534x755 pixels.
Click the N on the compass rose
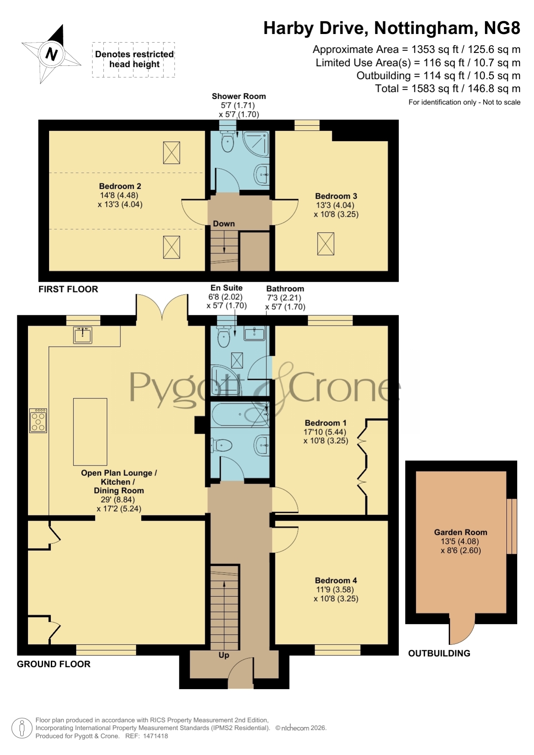click(52, 54)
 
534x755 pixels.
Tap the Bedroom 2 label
click(120, 186)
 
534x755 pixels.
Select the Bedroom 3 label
click(336, 196)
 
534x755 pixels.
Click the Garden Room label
click(460, 532)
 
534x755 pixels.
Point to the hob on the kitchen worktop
click(38, 420)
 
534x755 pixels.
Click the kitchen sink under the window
click(83, 335)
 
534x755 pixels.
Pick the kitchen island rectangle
click(90, 431)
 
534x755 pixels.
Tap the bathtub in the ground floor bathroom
click(240, 415)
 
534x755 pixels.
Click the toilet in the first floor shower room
click(227, 142)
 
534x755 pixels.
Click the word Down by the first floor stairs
click(224, 224)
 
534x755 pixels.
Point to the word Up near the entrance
click(224, 655)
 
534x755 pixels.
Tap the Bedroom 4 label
click(336, 580)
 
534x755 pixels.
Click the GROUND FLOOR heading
click(54, 664)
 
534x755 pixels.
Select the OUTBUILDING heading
click(439, 653)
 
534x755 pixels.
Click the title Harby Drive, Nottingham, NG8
click(392, 28)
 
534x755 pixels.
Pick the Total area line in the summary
click(448, 89)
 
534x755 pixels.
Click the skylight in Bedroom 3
click(326, 243)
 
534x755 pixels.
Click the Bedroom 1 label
click(326, 423)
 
